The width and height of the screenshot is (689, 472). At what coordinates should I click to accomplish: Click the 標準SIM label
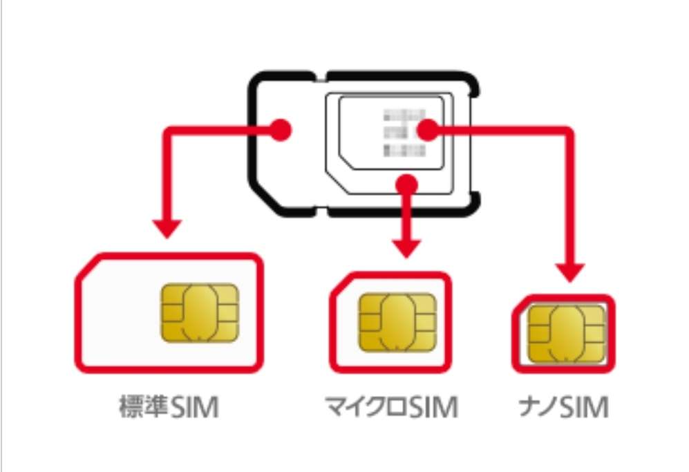(x=167, y=408)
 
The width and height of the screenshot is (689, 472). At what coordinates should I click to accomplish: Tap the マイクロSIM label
(x=392, y=408)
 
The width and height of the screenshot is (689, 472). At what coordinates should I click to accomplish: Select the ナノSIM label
(x=564, y=408)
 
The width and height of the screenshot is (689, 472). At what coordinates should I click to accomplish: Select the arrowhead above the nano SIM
(x=572, y=272)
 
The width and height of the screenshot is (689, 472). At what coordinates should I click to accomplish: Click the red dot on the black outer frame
(x=282, y=129)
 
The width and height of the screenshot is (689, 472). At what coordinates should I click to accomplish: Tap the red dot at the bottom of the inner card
(x=408, y=183)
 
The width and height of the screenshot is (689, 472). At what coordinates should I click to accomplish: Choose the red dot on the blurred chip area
(x=428, y=129)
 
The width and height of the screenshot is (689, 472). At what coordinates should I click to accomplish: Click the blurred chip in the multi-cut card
(x=401, y=133)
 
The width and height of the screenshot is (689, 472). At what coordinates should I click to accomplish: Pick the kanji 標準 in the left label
(x=142, y=408)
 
